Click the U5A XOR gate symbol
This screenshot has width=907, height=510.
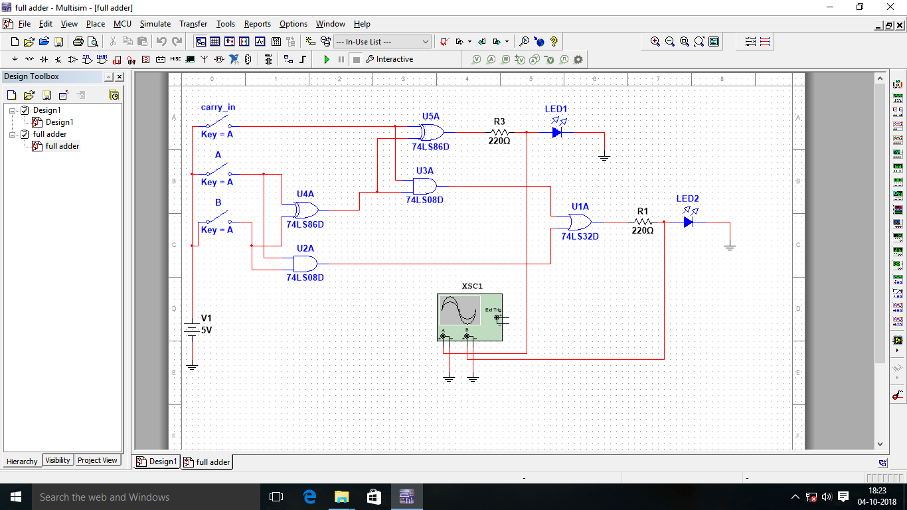click(x=432, y=131)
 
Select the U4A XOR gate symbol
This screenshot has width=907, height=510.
click(x=305, y=210)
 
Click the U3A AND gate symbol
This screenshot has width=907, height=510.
click(x=424, y=186)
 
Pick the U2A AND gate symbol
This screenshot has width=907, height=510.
click(x=305, y=264)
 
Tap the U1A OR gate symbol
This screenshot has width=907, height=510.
click(x=578, y=222)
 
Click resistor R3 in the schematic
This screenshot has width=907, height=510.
click(x=499, y=132)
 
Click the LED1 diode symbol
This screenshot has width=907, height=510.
click(x=556, y=131)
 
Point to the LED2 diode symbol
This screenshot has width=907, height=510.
click(x=688, y=222)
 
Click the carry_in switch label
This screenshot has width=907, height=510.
click(x=218, y=108)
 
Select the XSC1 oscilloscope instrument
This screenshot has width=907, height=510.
click(x=469, y=317)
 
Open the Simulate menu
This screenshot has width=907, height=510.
click(x=155, y=24)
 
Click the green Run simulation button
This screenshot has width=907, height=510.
click(x=326, y=59)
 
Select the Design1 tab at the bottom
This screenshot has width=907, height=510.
click(x=157, y=462)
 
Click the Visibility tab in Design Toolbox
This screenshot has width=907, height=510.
click(x=58, y=460)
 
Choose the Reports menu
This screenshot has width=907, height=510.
click(x=257, y=24)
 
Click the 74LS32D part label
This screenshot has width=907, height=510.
click(x=580, y=236)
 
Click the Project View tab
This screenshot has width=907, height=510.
click(x=97, y=460)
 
